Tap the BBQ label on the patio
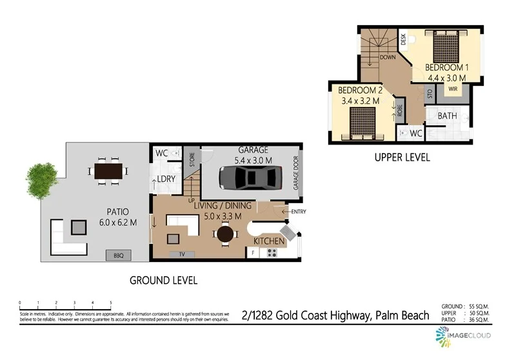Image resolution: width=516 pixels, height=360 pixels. point(119,255)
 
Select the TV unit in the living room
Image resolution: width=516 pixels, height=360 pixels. point(183,254)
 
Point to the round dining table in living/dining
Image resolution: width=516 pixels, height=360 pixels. point(225,235)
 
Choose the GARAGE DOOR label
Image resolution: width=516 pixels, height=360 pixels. point(297,173)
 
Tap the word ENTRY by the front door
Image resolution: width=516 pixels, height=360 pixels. point(299,212)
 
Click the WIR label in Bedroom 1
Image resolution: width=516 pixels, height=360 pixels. point(453,91)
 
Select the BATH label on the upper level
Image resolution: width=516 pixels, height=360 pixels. point(447,116)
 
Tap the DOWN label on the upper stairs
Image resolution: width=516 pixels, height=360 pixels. point(388,57)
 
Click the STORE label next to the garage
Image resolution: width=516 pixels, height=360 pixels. point(192,161)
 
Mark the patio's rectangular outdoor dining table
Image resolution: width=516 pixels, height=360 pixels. point(108,170)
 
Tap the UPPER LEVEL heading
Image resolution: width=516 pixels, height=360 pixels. point(402,157)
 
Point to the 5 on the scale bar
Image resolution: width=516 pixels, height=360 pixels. point(111,302)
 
